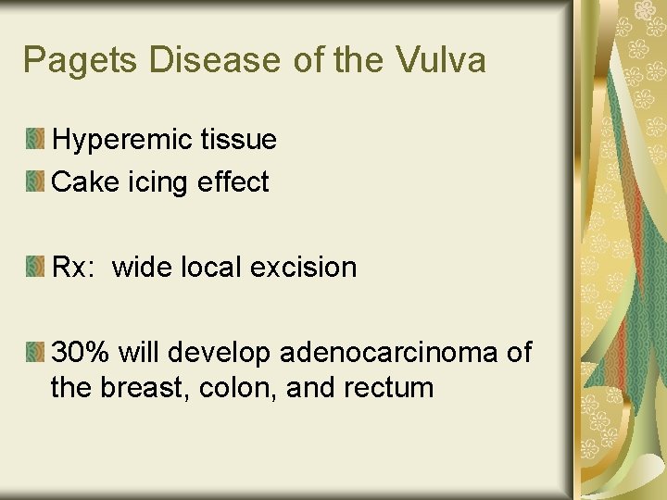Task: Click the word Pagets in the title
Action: (x=81, y=61)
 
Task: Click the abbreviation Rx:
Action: (x=73, y=268)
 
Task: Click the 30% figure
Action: (x=80, y=353)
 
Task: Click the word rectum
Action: (x=388, y=386)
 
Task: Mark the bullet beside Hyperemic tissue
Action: (x=35, y=140)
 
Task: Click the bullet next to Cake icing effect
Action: (x=35, y=182)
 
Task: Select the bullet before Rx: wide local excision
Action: (x=35, y=268)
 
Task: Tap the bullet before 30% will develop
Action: (x=35, y=353)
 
